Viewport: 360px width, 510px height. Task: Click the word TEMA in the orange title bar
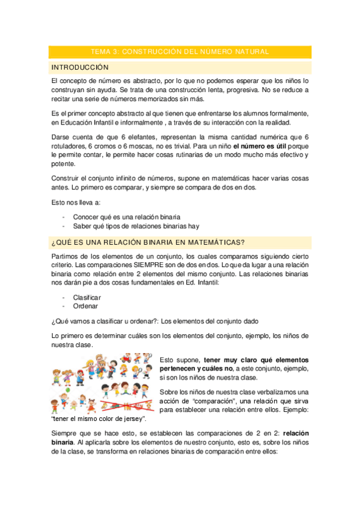coord(100,52)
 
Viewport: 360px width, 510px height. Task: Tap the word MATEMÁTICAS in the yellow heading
coord(217,242)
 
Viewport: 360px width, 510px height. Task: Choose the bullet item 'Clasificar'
coord(87,298)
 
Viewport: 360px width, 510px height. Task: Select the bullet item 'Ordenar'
coord(85,306)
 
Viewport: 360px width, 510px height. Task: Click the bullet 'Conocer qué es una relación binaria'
coord(126,217)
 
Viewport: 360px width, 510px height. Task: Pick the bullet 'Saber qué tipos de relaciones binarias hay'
coord(136,226)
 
